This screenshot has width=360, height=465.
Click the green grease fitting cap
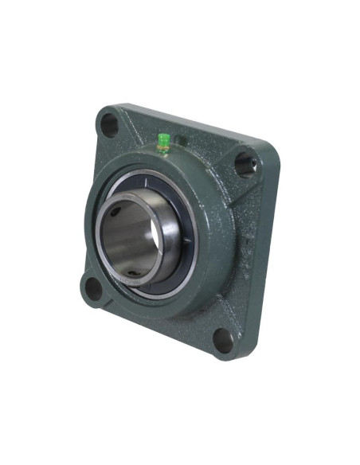[163, 140]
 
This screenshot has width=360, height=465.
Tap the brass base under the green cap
[163, 149]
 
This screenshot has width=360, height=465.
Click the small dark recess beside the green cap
[182, 142]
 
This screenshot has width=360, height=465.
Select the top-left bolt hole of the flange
[107, 124]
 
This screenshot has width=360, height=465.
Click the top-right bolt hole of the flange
[244, 164]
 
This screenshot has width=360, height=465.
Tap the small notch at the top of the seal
[151, 178]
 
